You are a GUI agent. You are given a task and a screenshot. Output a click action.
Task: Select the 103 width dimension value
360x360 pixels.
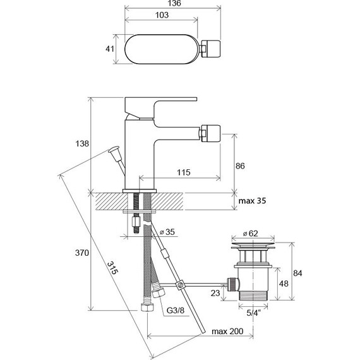pos(162,15)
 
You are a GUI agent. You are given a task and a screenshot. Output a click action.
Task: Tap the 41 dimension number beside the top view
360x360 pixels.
pos(110,49)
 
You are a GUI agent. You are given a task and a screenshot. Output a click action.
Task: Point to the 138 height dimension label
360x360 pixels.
pos(82,144)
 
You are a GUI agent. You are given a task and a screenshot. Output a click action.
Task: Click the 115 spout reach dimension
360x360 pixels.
pos(183,172)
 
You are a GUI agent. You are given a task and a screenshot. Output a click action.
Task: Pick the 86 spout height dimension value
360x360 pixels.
pos(240,165)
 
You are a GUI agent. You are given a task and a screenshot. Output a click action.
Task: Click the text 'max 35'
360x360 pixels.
pos(252,201)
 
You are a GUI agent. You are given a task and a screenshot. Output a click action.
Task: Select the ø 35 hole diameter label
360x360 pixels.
pos(167,232)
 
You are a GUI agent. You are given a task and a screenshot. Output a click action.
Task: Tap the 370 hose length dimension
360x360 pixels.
pos(82,253)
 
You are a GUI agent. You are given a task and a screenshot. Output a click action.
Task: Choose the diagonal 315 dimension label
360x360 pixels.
pos(112,268)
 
